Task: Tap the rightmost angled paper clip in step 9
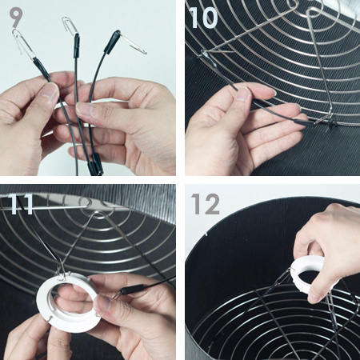pos(134,44)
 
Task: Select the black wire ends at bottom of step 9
pos(94,164)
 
